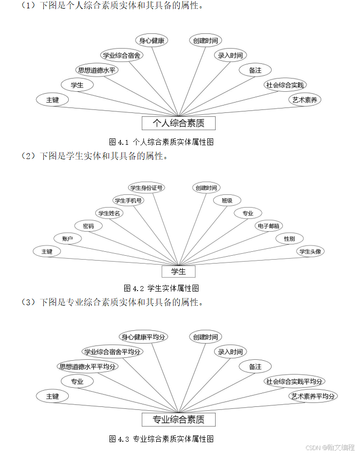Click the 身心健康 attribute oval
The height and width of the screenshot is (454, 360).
tap(151, 41)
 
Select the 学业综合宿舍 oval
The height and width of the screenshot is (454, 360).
tap(122, 55)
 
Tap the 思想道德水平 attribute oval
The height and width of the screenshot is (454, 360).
tap(97, 70)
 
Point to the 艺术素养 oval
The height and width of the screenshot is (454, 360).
tap(305, 100)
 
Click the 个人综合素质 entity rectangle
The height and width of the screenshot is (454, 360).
tap(178, 123)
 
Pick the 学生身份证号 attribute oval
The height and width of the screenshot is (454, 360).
tap(146, 187)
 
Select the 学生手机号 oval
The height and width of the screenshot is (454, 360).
tap(128, 200)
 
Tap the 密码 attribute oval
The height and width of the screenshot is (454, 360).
tap(88, 226)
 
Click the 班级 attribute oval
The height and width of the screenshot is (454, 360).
tap(227, 200)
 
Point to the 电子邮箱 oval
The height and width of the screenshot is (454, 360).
tap(269, 226)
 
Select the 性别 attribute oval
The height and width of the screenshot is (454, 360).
tap(289, 239)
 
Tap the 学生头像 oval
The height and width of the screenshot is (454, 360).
tap(310, 251)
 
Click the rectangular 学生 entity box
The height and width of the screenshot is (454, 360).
tap(178, 271)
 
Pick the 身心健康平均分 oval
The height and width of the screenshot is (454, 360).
tap(143, 337)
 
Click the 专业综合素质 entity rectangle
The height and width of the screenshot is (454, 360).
tap(178, 420)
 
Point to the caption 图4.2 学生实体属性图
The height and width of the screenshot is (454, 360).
tap(161, 288)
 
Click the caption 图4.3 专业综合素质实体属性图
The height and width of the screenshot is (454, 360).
tap(161, 439)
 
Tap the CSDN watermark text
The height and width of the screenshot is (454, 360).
tap(330, 447)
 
